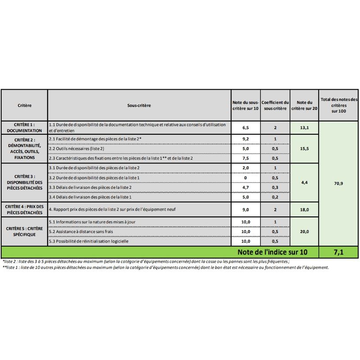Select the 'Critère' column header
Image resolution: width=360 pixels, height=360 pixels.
25,106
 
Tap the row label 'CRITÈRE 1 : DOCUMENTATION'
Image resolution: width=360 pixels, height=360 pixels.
25,128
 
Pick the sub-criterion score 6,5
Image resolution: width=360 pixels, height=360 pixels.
246,128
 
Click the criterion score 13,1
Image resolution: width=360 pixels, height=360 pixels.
304,128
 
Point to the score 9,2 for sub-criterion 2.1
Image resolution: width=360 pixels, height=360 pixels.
246,139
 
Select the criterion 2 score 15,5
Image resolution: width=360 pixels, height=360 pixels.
304,149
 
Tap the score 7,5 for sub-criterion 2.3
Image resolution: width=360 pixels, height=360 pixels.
246,158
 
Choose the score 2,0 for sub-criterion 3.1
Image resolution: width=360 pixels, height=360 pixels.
246,168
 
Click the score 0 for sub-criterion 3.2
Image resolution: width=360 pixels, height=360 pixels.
246,178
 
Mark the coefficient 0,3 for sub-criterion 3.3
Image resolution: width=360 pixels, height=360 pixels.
275,187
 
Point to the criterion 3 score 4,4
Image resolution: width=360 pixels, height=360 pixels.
304,182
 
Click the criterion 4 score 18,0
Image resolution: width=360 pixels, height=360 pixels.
304,209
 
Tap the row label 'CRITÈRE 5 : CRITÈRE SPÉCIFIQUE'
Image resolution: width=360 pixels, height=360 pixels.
25,231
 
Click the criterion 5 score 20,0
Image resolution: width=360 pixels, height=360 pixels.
304,231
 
